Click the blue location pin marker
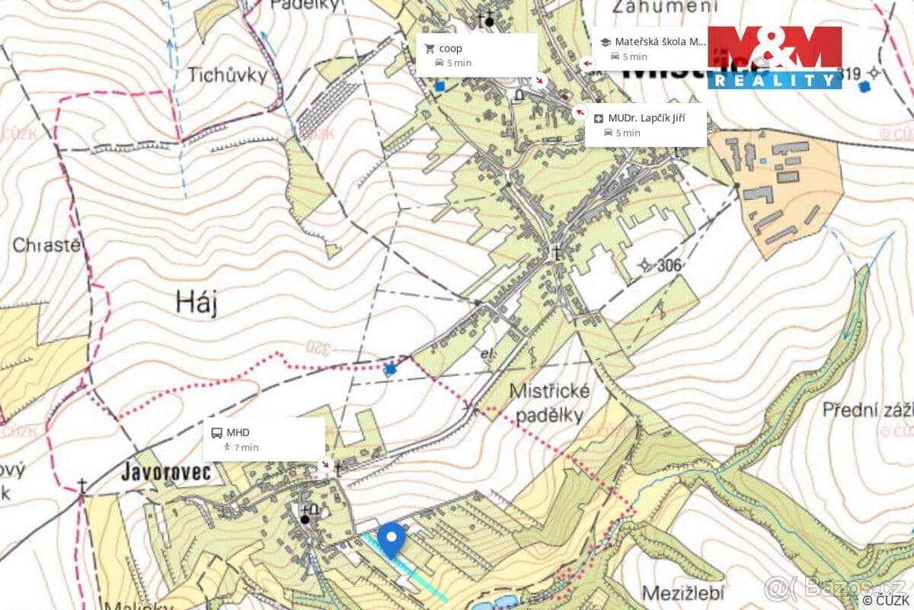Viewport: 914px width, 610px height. (391, 539)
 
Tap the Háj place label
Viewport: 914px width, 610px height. (197, 303)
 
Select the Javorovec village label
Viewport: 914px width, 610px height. (165, 473)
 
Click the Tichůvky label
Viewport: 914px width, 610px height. (228, 75)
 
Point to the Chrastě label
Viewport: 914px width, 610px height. (46, 246)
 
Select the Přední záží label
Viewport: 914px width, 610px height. (867, 410)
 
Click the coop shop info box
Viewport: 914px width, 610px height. (476, 55)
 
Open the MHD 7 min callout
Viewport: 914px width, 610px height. (264, 439)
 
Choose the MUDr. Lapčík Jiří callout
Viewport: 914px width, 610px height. (645, 125)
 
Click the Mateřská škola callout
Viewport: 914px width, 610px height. (650, 49)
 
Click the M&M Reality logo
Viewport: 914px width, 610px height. (775, 57)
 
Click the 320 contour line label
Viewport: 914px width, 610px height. (320, 347)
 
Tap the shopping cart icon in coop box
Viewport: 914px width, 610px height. (430, 49)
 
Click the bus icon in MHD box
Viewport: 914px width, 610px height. (216, 433)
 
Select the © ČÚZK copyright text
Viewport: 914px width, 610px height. (886, 600)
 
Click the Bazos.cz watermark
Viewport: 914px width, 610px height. (834, 588)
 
